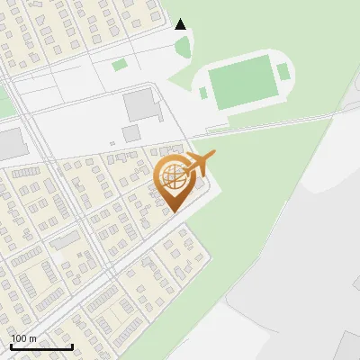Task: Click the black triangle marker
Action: (x=181, y=24)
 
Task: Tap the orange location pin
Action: (x=174, y=180)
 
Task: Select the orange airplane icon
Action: (x=199, y=164)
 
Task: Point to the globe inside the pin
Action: (x=174, y=175)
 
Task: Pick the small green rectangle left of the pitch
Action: (x=203, y=92)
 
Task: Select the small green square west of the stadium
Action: (x=119, y=65)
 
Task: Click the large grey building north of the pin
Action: (x=140, y=104)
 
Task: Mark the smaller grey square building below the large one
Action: (x=131, y=133)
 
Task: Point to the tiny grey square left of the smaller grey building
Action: (x=112, y=142)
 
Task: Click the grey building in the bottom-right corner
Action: (x=351, y=346)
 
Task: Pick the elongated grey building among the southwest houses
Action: (x=64, y=240)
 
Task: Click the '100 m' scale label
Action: (x=24, y=337)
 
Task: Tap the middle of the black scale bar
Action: (x=41, y=346)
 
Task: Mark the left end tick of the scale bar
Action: (x=11, y=345)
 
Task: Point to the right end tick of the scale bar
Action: (x=72, y=345)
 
